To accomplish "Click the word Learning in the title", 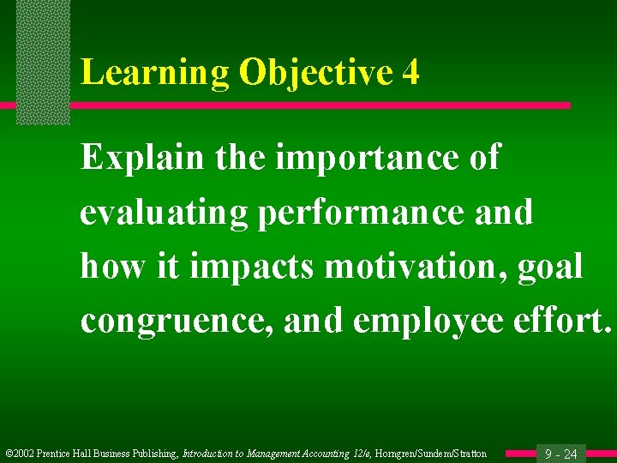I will click(155, 73).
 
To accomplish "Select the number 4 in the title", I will click(410, 73).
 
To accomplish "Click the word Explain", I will click(141, 159).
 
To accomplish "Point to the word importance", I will click(356, 159).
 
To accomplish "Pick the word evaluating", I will click(164, 212).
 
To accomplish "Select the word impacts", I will click(252, 266).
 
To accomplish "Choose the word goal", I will click(551, 266).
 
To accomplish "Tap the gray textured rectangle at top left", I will click(43, 60).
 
